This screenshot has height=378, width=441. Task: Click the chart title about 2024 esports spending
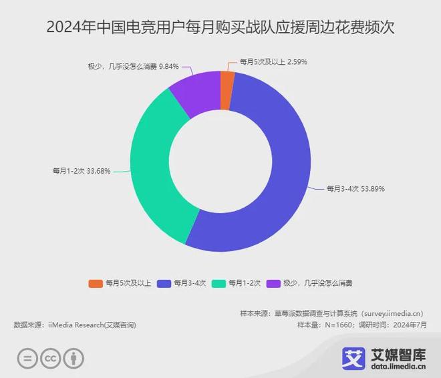point(220,28)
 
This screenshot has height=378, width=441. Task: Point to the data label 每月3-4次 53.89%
point(355,189)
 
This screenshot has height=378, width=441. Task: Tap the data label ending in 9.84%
point(133,66)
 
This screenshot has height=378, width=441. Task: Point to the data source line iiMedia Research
point(75,325)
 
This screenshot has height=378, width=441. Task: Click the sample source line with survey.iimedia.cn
point(333,313)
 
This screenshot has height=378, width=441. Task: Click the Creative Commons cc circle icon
point(51,358)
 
